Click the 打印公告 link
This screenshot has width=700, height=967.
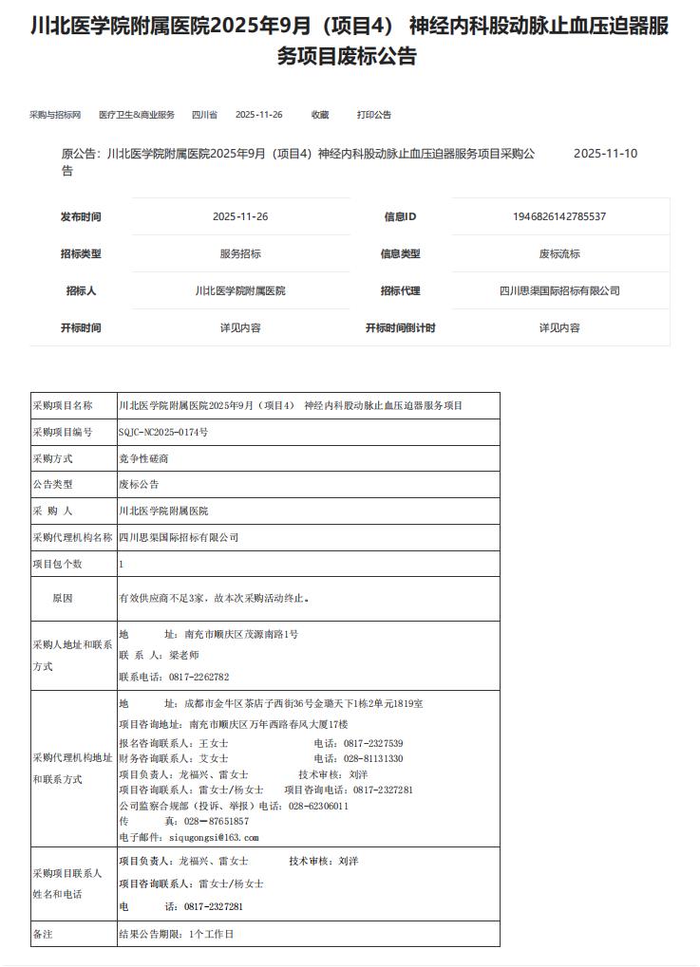click(374, 115)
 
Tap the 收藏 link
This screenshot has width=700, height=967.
click(320, 115)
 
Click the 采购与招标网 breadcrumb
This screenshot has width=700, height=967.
click(55, 115)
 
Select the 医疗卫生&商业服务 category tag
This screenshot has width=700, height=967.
click(137, 115)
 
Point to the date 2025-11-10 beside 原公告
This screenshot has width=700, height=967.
click(605, 154)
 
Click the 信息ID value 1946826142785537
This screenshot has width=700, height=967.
click(559, 216)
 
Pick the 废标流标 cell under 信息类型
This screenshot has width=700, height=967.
click(559, 253)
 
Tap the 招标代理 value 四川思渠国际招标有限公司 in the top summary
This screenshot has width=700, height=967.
click(559, 290)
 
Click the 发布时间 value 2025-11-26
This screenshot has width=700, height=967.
click(240, 216)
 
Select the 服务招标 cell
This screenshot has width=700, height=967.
click(240, 253)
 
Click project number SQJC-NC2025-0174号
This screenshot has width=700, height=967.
click(163, 432)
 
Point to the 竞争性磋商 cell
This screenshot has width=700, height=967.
click(144, 458)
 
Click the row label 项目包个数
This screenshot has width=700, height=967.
click(58, 564)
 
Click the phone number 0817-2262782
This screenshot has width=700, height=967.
click(199, 677)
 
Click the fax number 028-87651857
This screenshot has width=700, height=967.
click(216, 821)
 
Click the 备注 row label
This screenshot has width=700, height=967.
click(43, 934)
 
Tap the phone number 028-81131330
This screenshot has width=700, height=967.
click(372, 758)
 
